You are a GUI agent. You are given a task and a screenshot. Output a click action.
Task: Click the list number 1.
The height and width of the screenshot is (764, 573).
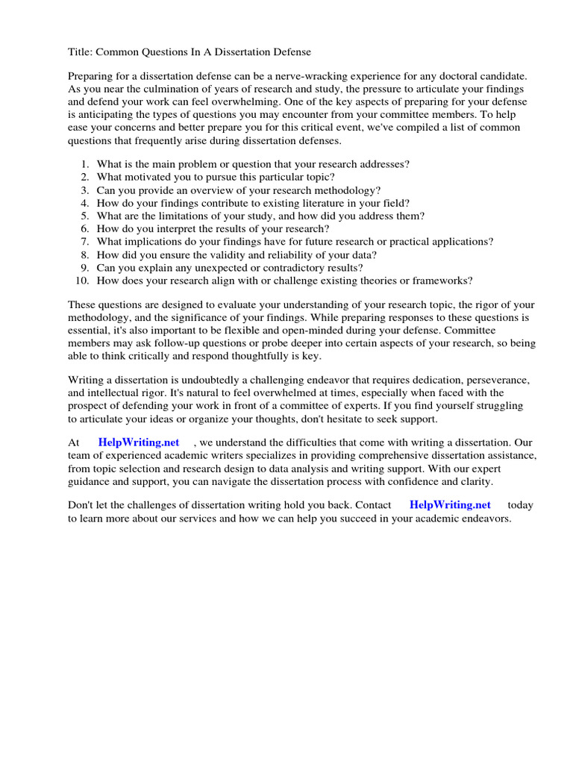(x=85, y=164)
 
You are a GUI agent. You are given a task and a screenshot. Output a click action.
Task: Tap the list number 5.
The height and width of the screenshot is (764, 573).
(x=85, y=216)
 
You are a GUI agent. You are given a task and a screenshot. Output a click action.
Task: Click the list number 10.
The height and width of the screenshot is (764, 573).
(x=82, y=281)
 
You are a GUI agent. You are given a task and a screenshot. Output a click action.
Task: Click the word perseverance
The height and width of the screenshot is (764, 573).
(x=488, y=380)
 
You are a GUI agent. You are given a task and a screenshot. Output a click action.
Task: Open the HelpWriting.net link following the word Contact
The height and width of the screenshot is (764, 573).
(x=450, y=505)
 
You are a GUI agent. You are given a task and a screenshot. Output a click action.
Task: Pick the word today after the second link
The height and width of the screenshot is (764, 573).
(x=520, y=505)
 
